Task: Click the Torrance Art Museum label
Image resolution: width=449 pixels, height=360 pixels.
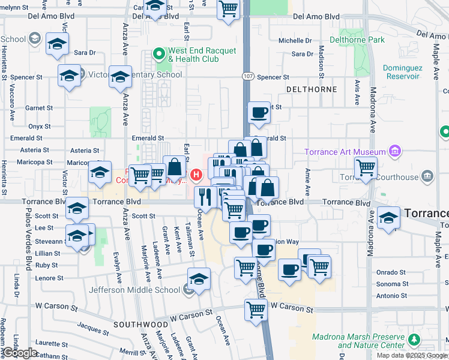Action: [345, 151]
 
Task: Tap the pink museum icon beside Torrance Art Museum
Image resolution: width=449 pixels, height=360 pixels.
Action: [395, 151]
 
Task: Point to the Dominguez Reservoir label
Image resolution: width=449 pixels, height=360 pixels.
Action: [411, 72]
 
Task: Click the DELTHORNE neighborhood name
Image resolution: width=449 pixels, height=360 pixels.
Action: [312, 89]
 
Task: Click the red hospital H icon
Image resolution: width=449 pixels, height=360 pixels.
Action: [196, 175]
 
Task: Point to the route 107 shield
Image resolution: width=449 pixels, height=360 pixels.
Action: [249, 77]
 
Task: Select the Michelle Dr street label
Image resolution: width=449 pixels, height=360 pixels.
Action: [295, 41]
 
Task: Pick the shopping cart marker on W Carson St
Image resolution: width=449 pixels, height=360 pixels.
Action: [256, 310]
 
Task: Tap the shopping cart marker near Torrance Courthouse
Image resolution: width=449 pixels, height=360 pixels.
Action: [366, 169]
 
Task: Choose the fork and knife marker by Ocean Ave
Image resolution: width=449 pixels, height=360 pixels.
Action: [206, 196]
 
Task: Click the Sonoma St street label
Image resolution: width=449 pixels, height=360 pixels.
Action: [392, 284]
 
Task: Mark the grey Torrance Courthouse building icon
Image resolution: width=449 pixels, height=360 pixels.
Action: [427, 176]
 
